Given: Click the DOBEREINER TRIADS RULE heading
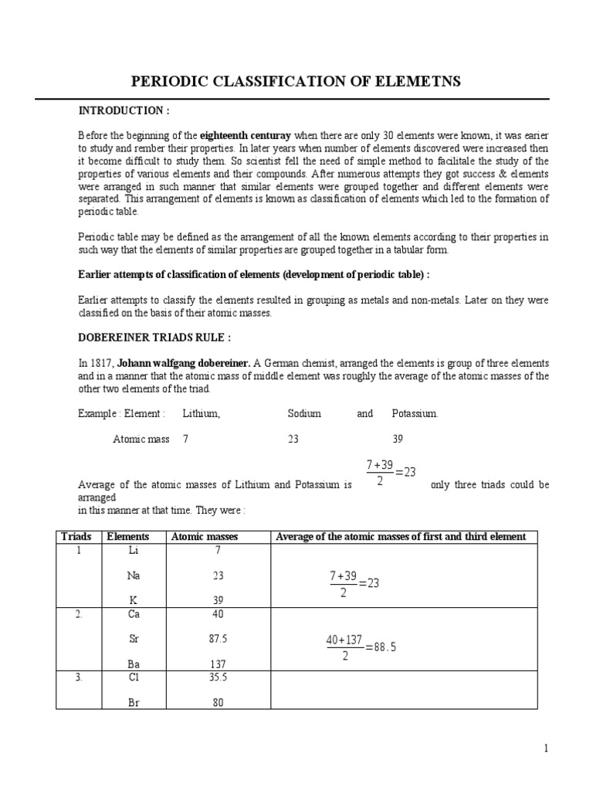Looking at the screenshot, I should click(154, 337).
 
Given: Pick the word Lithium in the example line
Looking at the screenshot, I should click(201, 413).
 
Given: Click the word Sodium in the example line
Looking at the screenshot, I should click(304, 413).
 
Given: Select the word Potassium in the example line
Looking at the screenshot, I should click(415, 413).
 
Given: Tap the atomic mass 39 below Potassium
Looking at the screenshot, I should click(398, 438).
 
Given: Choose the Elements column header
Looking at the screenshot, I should click(127, 536).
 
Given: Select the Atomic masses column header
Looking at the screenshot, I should click(205, 536).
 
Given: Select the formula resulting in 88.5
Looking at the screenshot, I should click(361, 647).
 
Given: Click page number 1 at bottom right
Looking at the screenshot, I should click(545, 748).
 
